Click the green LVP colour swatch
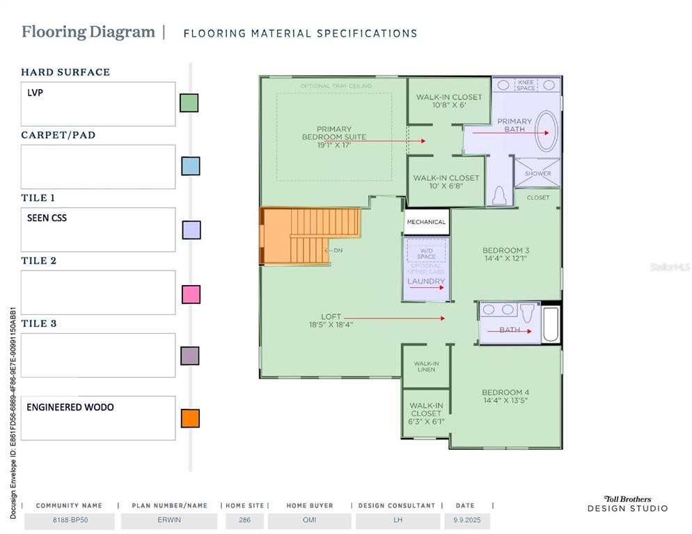coord(189,103)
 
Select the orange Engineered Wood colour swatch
coord(190,418)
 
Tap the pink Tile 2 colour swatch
coord(191,294)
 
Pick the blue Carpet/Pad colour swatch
coord(191,165)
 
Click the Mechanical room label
coord(426,222)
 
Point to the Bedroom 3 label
coord(505,254)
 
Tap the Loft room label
coord(331,321)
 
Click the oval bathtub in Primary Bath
coord(546,131)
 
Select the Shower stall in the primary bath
coord(537,172)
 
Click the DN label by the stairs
coord(338,250)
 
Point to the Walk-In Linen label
coord(426,366)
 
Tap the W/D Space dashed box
coord(426,250)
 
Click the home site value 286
coord(244,520)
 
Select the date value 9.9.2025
coord(467,520)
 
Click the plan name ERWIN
coord(169,520)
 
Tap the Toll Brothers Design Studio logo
coord(627,503)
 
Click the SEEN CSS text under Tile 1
coord(47,218)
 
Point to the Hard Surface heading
coord(65,72)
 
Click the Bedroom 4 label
coord(505,396)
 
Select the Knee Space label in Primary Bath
coord(526,85)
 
